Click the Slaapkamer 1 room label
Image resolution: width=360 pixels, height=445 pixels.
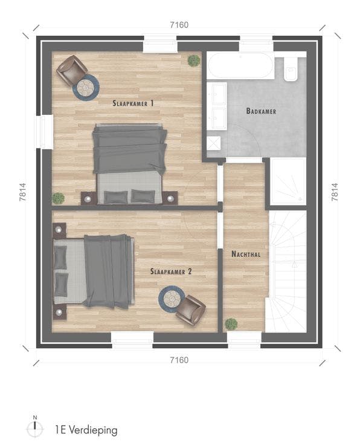coord(133,103)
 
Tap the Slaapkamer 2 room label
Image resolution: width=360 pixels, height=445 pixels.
coord(171,272)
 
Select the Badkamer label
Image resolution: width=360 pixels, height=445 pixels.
coord(262,111)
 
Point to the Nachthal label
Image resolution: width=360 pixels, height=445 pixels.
coord(246,255)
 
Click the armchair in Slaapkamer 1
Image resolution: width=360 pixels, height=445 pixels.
coord(71,69)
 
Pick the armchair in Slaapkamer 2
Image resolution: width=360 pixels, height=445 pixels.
coord(191,310)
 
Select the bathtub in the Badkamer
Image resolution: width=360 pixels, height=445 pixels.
coord(242,65)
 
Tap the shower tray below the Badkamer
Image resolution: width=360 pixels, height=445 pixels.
coord(288,181)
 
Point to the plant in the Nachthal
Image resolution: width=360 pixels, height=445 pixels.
coord(231,323)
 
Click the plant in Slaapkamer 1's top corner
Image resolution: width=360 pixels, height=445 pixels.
coord(193,60)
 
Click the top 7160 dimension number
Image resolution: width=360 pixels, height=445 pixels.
coord(179,25)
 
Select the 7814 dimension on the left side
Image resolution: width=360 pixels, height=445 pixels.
coord(22,192)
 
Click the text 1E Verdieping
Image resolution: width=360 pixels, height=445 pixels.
coord(85,430)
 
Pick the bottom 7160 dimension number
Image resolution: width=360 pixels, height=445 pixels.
coord(179,360)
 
